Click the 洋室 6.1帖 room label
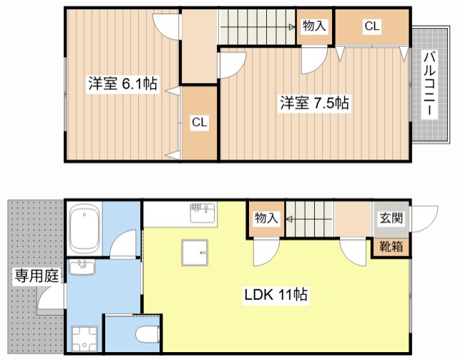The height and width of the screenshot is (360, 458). point(123,84)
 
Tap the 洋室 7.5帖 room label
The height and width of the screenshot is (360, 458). point(314,103)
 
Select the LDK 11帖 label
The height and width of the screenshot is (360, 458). point(276,295)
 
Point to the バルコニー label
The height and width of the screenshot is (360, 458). point(429,84)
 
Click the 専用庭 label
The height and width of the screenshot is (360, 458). point(36,276)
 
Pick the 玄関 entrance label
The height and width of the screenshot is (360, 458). point(391,218)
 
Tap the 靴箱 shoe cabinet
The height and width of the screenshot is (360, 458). point(391,247)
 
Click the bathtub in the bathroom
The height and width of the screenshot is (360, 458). point(84,229)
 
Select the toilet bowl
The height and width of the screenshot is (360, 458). point(148,335)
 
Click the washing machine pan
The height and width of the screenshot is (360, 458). point(84,339)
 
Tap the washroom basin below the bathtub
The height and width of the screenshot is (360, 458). point(82,267)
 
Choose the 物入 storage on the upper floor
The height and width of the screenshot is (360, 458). point(314,26)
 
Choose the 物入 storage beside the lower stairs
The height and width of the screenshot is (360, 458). point(265,218)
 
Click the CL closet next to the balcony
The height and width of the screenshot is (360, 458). point(372,27)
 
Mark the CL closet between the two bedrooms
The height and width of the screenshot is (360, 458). point(200,122)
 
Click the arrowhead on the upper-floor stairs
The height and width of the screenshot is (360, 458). point(292,27)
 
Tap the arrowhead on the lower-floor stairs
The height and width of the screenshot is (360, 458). point(289,219)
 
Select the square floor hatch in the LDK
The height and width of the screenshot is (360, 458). point(195,253)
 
